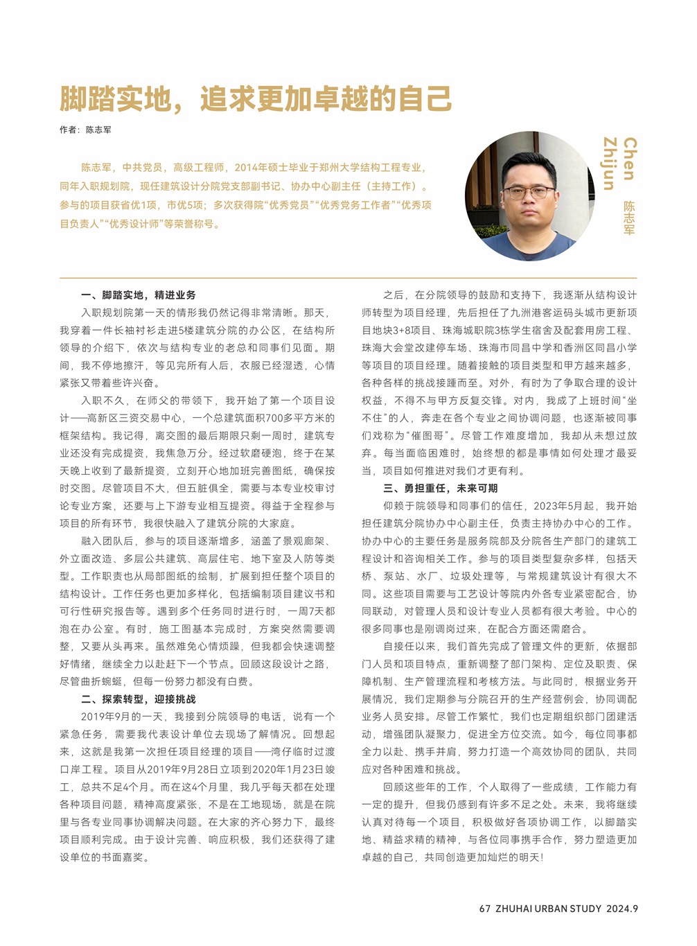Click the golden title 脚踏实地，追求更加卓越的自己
tap(256, 99)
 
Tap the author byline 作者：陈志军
tap(85, 130)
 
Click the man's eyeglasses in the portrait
tap(529, 191)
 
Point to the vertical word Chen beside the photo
tap(629, 159)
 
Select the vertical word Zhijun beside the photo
tap(610, 164)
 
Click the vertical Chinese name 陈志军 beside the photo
tap(629, 218)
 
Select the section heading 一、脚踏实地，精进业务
tap(138, 295)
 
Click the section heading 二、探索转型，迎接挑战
tap(138, 699)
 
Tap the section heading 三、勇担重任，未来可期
tap(440, 488)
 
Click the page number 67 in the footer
tap(485, 909)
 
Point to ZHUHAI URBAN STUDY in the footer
tap(549, 909)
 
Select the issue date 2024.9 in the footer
tap(622, 909)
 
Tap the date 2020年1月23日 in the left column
tap(285, 769)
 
